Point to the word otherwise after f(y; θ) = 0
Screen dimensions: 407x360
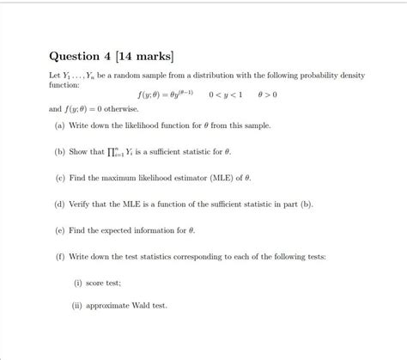(123, 109)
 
